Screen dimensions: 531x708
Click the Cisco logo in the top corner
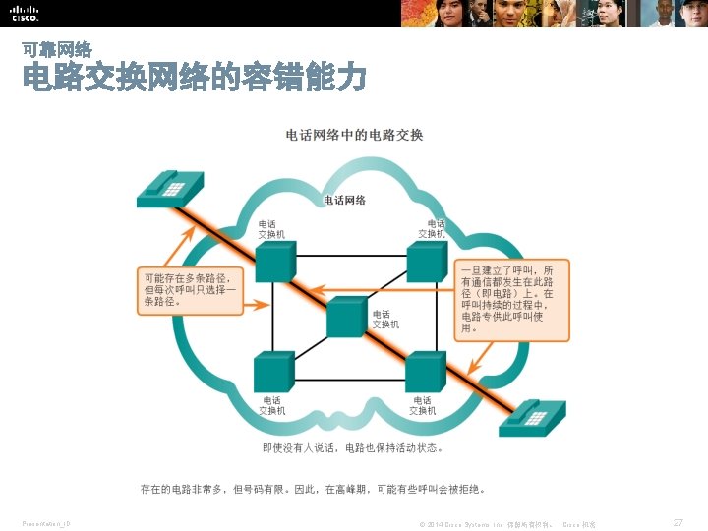click(26, 14)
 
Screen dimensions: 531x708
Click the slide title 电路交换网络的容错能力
click(195, 78)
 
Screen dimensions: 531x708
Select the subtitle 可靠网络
click(57, 48)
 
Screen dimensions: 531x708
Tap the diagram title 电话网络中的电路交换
click(354, 135)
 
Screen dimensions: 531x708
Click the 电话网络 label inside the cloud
click(344, 200)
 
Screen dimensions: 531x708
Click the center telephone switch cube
click(345, 317)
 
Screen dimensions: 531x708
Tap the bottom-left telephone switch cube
click(272, 371)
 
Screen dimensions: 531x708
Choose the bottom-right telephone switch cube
click(426, 371)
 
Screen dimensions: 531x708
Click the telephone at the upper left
click(169, 187)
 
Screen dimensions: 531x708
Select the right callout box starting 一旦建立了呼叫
click(513, 298)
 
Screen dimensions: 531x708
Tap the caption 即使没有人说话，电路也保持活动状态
click(352, 448)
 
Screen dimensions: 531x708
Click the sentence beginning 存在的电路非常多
click(313, 487)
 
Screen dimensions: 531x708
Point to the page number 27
click(678, 523)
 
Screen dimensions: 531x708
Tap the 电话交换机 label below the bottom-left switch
click(272, 405)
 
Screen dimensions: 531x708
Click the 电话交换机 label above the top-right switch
click(432, 228)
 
